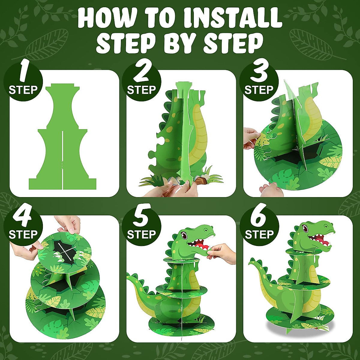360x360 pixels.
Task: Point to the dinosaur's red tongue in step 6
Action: pos(319,240)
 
